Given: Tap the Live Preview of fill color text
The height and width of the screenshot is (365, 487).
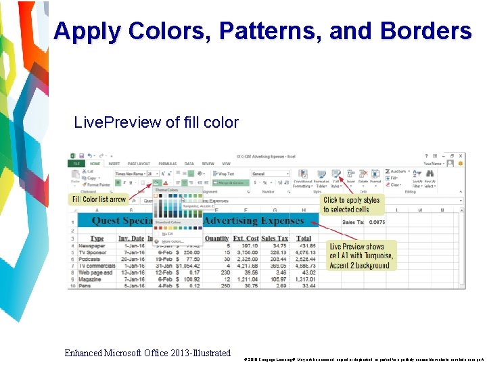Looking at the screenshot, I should (156, 122).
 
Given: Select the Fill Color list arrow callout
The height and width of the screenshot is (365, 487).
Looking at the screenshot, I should (99, 199).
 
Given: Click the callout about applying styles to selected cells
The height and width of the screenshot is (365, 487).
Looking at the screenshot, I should (352, 204).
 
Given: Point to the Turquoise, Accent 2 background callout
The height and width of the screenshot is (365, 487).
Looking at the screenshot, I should (361, 255).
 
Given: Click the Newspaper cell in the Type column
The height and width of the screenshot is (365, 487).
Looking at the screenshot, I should (92, 245).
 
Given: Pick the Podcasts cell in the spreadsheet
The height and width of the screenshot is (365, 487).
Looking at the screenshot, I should (91, 259).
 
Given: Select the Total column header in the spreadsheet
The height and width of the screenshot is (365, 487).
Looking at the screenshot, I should (304, 238).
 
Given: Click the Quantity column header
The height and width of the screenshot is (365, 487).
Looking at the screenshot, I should (217, 238).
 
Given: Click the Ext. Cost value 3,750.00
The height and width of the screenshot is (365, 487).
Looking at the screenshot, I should (247, 252).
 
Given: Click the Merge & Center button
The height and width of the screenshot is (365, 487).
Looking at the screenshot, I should (230, 182).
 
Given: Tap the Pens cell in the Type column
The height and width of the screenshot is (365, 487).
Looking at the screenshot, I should (86, 286).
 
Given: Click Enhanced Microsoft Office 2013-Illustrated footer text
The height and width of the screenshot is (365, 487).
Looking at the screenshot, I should (147, 353).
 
